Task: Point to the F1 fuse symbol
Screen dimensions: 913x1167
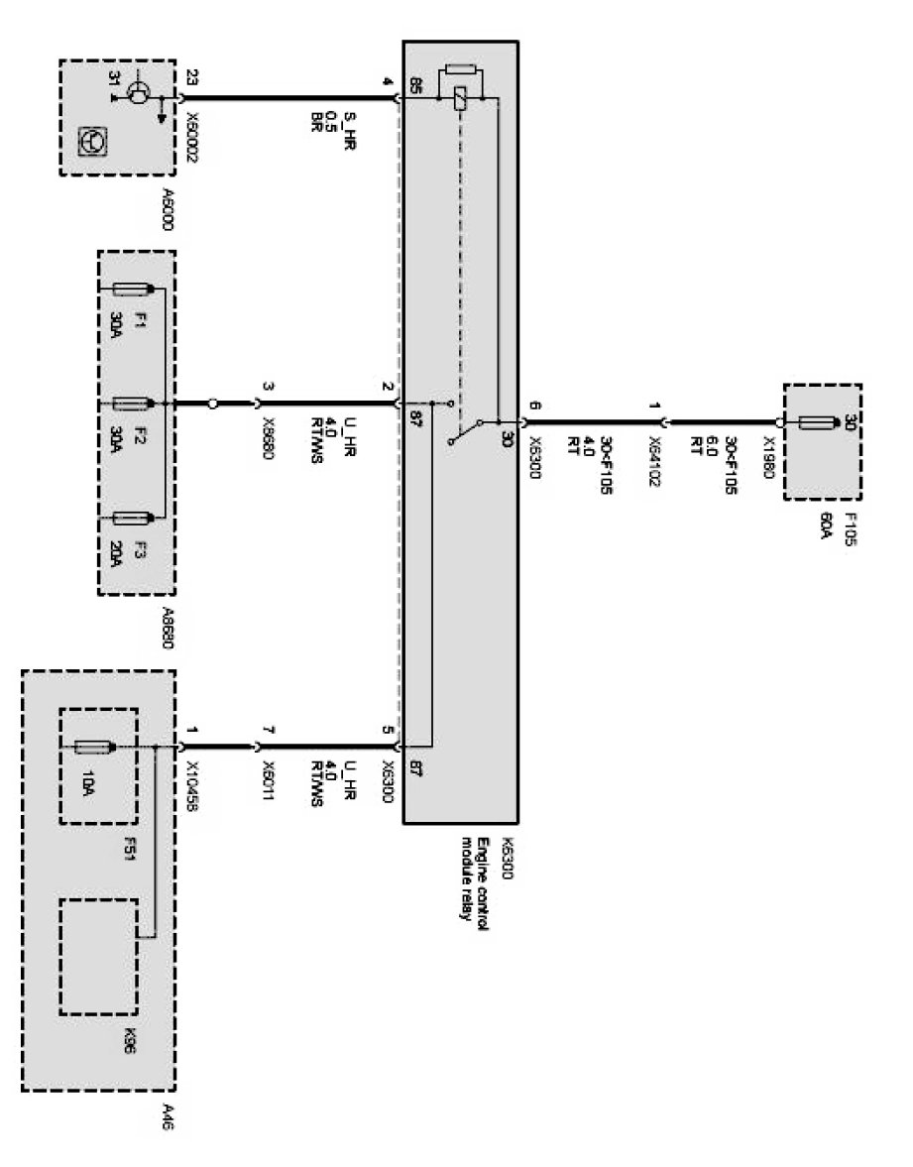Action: [x=131, y=290]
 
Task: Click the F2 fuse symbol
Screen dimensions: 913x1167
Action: [x=131, y=404]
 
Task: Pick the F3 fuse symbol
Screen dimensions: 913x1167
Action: [x=131, y=517]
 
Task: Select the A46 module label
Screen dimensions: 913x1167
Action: [x=166, y=1116]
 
